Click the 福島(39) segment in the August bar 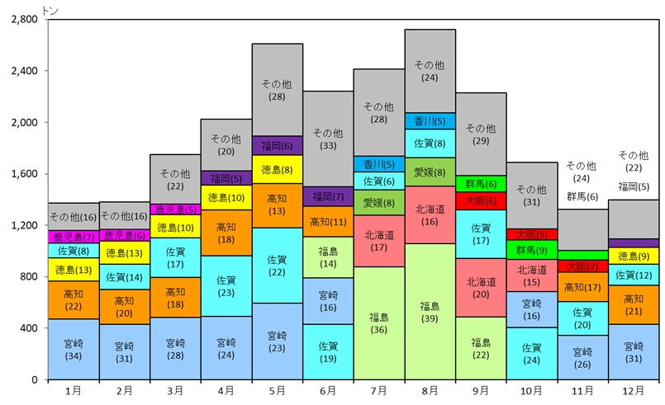(430, 312)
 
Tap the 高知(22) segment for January (74, 300)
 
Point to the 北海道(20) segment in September (481, 288)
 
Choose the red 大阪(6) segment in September (481, 200)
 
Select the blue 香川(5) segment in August (430, 121)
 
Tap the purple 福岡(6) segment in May (277, 146)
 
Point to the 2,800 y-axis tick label (22, 19)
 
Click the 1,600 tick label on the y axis (22, 174)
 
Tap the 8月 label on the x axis (430, 392)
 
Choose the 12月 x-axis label (634, 392)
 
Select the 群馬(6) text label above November (582, 196)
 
